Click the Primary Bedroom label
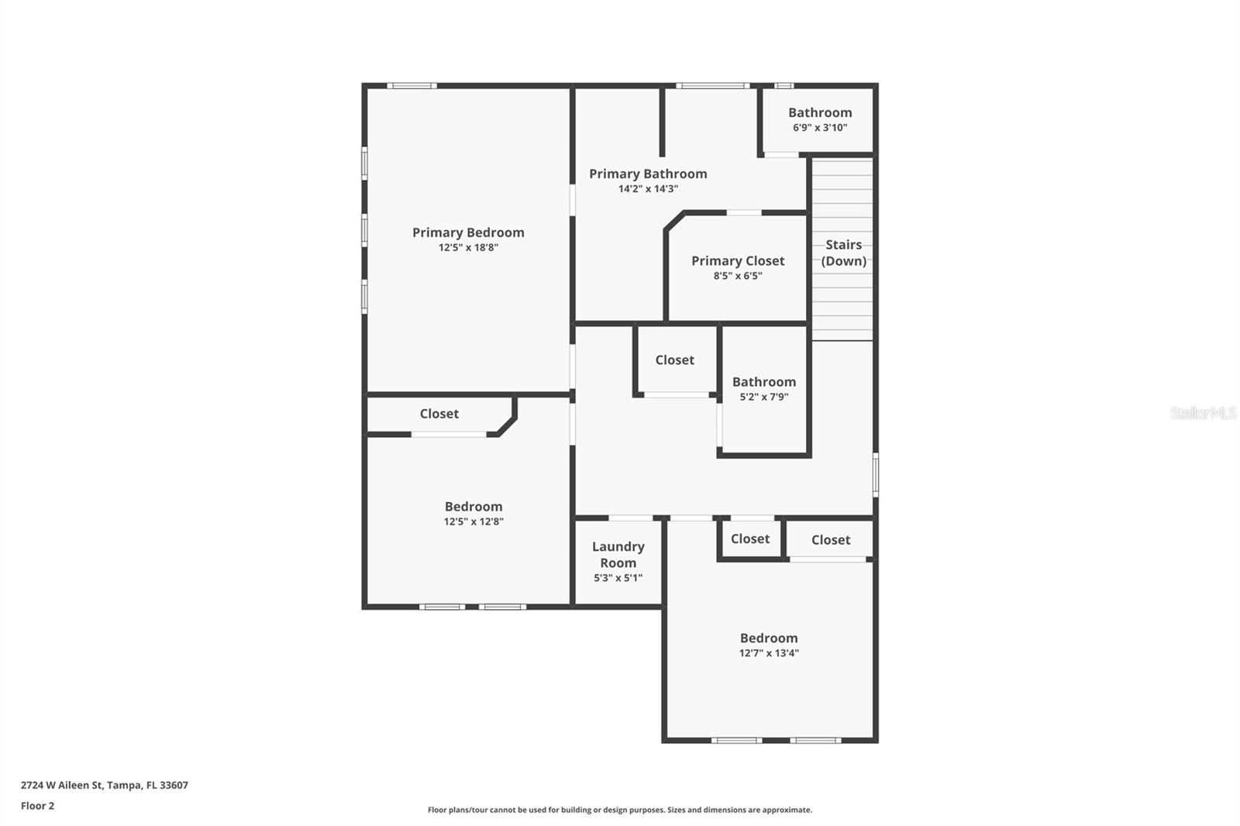pyautogui.click(x=468, y=232)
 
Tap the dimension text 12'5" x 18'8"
pyautogui.click(x=468, y=248)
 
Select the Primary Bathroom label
pyautogui.click(x=648, y=174)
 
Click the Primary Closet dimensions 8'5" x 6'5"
pyautogui.click(x=738, y=276)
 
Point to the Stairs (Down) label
pyautogui.click(x=843, y=253)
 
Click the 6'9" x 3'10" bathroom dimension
pyautogui.click(x=820, y=128)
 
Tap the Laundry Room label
pyautogui.click(x=618, y=555)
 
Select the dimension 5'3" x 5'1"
pyautogui.click(x=618, y=578)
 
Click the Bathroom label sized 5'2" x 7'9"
pyautogui.click(x=763, y=382)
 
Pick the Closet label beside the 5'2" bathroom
pyautogui.click(x=674, y=360)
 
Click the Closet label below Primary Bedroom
pyautogui.click(x=439, y=414)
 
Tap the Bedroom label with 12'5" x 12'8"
pyautogui.click(x=473, y=507)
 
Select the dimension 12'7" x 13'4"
pyautogui.click(x=768, y=653)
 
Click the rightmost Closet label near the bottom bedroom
pyautogui.click(x=830, y=540)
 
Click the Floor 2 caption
pyautogui.click(x=37, y=806)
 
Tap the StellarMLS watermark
pyautogui.click(x=1203, y=413)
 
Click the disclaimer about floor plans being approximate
pyautogui.click(x=619, y=810)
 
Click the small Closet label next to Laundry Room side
pyautogui.click(x=749, y=539)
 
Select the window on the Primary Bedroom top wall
pyautogui.click(x=412, y=85)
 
